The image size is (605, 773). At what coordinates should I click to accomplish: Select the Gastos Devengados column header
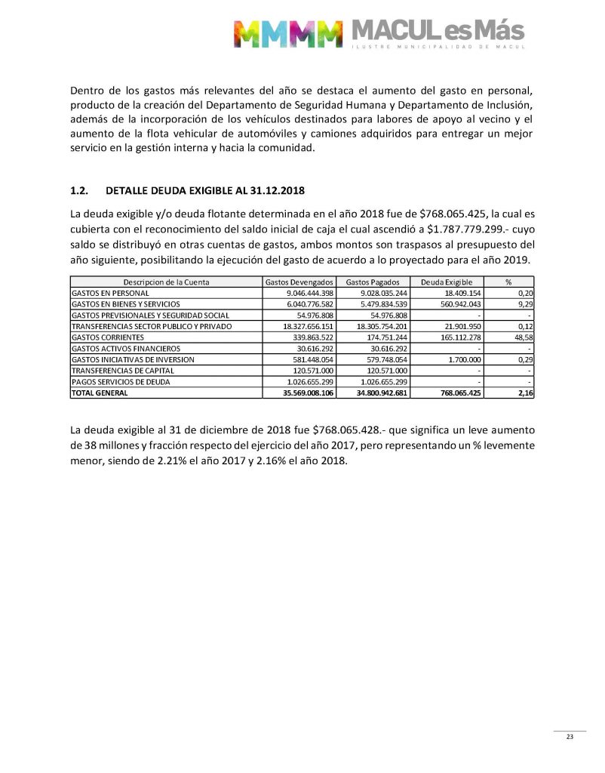coord(299,282)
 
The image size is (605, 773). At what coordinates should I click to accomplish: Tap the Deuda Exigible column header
coord(446,282)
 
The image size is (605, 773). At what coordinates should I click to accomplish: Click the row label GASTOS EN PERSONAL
coord(110,292)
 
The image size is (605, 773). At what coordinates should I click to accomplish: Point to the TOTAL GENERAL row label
coord(100,393)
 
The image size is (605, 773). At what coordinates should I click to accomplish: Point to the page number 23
coord(570,737)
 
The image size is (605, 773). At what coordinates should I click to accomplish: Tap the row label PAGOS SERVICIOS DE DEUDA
coord(120,382)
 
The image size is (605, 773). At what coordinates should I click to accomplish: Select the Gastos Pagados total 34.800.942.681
coord(375,393)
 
